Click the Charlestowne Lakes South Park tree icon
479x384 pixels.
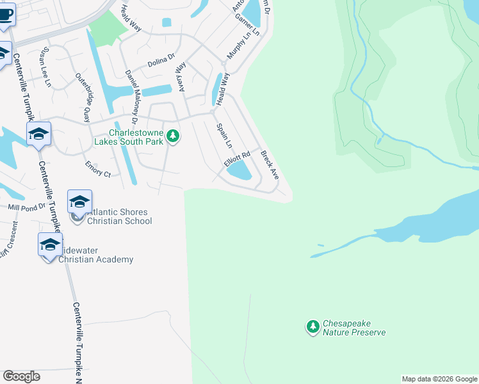pyautogui.click(x=172, y=136)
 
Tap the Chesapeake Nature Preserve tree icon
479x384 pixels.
pyautogui.click(x=313, y=328)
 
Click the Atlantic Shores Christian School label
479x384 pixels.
pyautogui.click(x=119, y=216)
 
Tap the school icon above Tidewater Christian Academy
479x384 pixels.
pyautogui.click(x=50, y=244)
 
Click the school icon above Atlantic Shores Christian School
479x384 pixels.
pyautogui.click(x=79, y=202)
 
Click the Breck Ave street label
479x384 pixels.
pyautogui.click(x=270, y=164)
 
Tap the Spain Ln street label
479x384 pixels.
pyautogui.click(x=224, y=136)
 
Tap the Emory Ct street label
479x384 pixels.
pyautogui.click(x=98, y=170)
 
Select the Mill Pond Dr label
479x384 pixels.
pyautogui.click(x=26, y=207)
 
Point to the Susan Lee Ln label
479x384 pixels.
pyautogui.click(x=46, y=67)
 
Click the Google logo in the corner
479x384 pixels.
pyautogui.click(x=21, y=376)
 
